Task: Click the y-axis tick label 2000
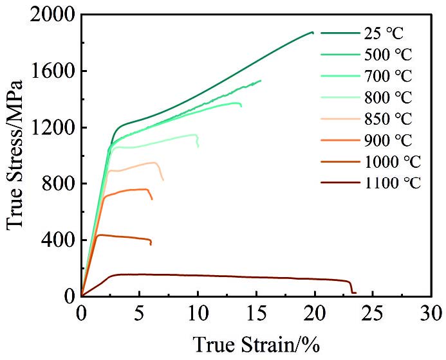(50, 15)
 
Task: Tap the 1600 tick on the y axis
(50, 71)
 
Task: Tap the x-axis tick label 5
(140, 314)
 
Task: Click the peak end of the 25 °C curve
(312, 32)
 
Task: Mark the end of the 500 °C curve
(260, 80)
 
